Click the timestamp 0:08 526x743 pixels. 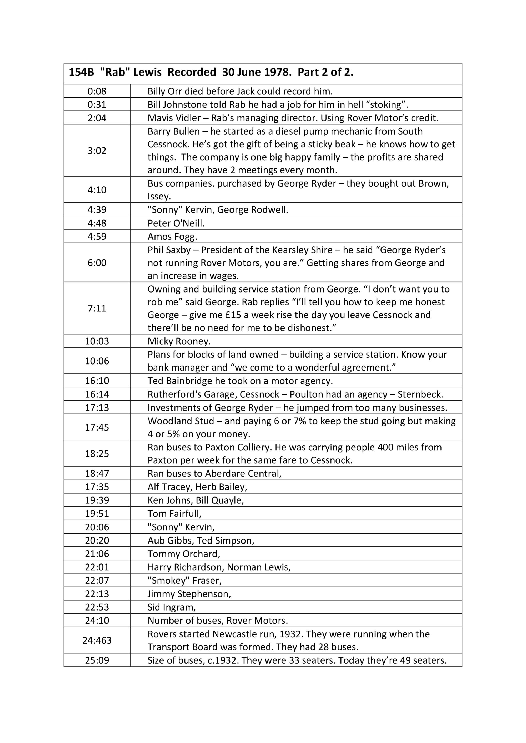pos(97,91)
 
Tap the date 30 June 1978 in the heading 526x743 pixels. pos(257,72)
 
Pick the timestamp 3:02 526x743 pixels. pos(97,151)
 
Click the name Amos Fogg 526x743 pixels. pos(172,237)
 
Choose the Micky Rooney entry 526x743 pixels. pos(179,341)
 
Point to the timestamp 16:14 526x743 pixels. pos(97,394)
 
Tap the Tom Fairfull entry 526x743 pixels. pos(174,514)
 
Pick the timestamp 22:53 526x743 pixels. pos(97,607)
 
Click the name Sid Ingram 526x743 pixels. pos(172,607)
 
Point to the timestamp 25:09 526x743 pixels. pos(97,660)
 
